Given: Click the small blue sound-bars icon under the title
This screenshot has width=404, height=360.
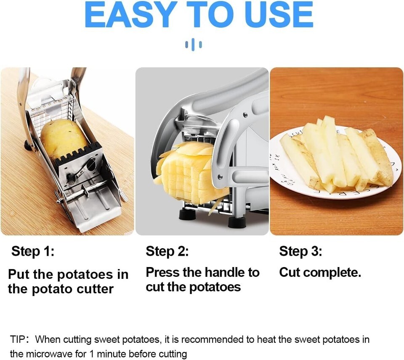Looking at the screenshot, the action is [x=194, y=45].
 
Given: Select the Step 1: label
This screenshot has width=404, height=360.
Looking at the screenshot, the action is [x=33, y=251].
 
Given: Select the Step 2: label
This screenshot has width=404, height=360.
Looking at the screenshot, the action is [x=167, y=251].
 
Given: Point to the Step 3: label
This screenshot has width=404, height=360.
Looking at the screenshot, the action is [x=300, y=251].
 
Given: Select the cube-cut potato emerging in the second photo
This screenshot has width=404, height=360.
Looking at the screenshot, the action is [x=191, y=172].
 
